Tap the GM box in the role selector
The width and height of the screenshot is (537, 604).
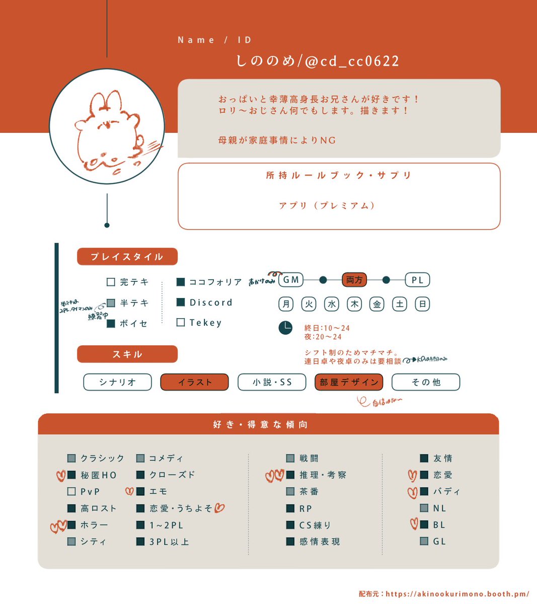coord(291,280)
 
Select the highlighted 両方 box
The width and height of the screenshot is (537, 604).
coord(354,280)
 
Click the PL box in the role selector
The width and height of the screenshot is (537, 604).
coord(418,280)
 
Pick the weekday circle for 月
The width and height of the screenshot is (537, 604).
coord(286,304)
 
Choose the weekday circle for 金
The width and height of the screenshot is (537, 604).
coord(377,304)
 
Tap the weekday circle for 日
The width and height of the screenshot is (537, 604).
coord(422,304)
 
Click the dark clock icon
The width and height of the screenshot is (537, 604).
coord(285,328)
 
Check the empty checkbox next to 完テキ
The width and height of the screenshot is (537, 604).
coord(111,282)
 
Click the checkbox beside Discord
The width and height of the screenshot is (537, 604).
coord(181,302)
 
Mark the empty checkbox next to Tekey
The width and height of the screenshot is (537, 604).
coord(181,322)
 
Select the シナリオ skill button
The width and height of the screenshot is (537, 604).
coord(117,382)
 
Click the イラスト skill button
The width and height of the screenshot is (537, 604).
coord(194,382)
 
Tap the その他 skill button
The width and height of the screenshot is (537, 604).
coord(426,382)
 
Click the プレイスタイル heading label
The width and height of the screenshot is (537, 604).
coord(127,257)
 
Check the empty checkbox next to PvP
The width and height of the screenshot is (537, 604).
coord(71,491)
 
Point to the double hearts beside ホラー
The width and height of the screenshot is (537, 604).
coord(58,526)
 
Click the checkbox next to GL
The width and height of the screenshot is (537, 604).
coord(424,542)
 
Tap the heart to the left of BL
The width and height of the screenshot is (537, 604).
coord(413,524)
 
